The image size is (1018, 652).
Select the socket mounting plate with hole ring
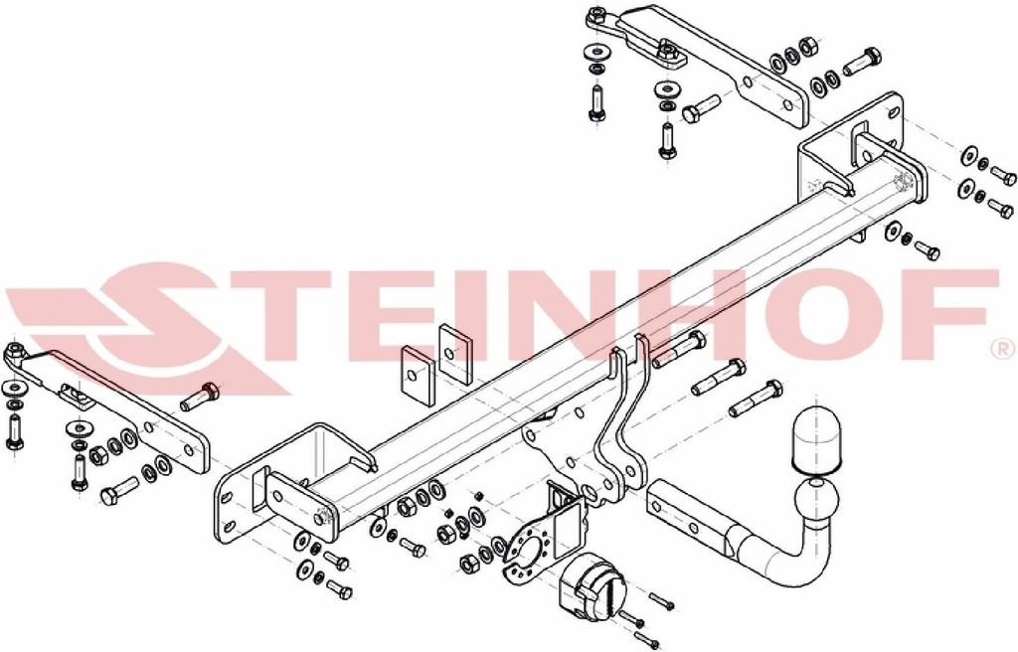tap(531, 552)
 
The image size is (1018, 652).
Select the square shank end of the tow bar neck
tap(686, 511)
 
